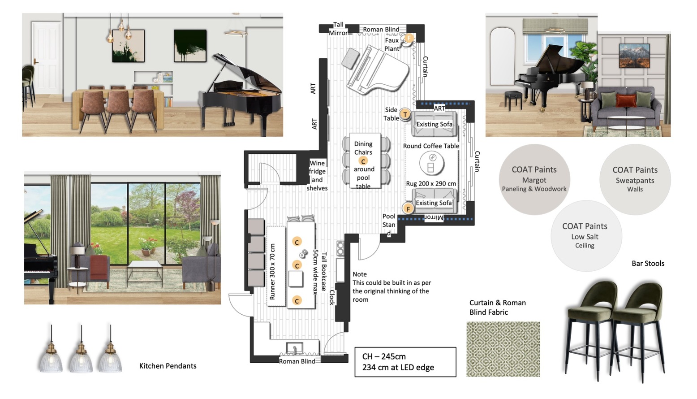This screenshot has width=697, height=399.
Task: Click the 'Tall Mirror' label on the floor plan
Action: click(338, 29)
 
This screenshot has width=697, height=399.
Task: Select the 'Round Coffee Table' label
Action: click(431, 146)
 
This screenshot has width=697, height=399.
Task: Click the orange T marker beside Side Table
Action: click(405, 114)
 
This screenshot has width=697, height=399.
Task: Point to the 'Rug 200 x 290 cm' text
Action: click(431, 183)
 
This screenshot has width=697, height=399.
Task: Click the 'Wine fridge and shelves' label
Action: click(317, 175)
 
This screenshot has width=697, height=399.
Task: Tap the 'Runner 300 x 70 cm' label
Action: click(272, 272)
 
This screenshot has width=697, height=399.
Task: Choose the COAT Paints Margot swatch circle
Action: click(534, 179)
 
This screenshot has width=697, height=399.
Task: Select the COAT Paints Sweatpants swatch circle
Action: click(635, 179)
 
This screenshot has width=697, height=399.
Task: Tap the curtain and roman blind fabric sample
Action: click(503, 349)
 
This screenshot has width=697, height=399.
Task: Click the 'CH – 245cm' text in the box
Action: click(384, 356)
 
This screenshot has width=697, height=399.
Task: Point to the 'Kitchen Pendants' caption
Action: click(168, 366)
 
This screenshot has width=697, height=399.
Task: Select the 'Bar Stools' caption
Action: click(648, 264)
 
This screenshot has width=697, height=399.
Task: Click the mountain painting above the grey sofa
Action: click(634, 56)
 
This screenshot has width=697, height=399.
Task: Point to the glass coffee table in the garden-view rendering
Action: click(145, 272)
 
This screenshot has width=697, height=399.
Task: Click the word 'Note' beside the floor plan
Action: click(360, 274)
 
